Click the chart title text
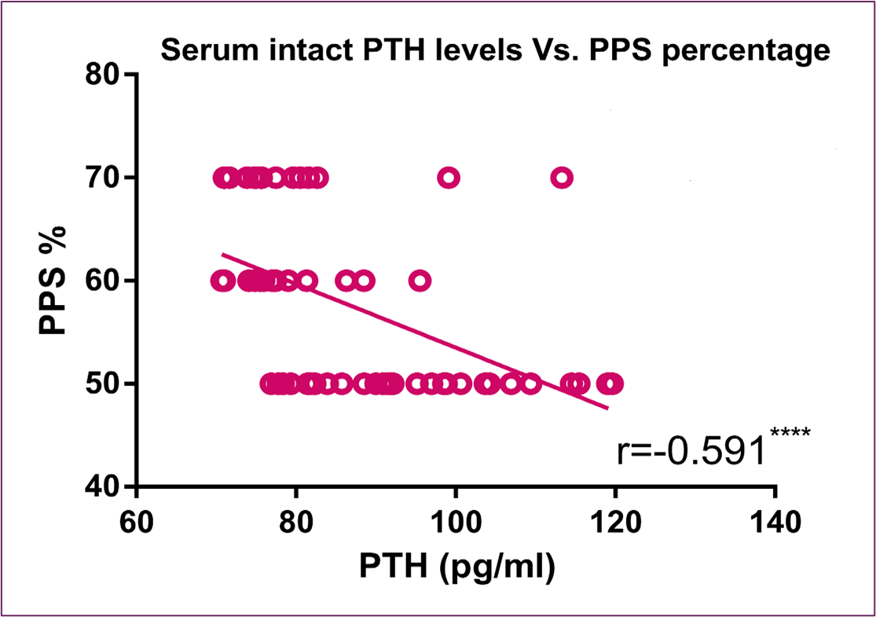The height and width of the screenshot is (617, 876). (x=495, y=51)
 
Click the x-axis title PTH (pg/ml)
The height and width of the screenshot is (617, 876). (x=458, y=567)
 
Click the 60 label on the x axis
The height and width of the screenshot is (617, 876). (x=137, y=521)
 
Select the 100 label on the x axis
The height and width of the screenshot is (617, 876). (x=456, y=521)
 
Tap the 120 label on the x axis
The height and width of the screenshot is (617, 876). (x=615, y=521)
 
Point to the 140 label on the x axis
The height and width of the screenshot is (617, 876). (x=775, y=521)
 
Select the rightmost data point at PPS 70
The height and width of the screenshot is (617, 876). (x=561, y=178)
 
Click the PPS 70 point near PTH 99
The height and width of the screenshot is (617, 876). (x=449, y=178)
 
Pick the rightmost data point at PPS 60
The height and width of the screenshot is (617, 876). (x=420, y=281)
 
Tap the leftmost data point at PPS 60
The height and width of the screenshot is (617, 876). (x=222, y=281)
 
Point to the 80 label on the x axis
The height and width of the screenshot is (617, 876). (x=296, y=521)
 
